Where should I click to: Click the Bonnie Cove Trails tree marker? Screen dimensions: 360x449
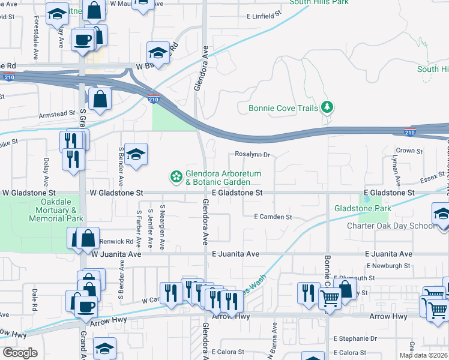click(x=327, y=107)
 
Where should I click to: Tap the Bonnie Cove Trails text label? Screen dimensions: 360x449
click(x=283, y=109)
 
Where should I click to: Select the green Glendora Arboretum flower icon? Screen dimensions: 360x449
click(x=176, y=176)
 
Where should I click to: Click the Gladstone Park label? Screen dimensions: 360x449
click(x=363, y=208)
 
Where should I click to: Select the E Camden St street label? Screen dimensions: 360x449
click(x=273, y=217)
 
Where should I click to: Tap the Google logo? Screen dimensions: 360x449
click(x=19, y=353)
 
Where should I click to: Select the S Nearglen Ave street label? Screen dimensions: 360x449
click(x=162, y=231)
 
